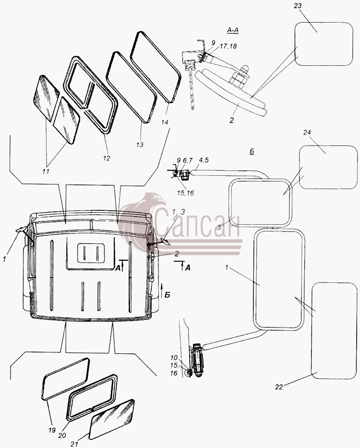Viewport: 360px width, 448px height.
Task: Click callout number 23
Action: pyautogui.click(x=298, y=6)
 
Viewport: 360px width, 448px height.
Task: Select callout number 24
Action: pyautogui.click(x=307, y=132)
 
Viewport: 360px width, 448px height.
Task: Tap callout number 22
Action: pyautogui.click(x=279, y=387)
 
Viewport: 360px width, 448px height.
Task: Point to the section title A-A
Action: pyautogui.click(x=233, y=30)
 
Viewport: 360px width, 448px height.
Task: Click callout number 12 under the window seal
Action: pyautogui.click(x=106, y=158)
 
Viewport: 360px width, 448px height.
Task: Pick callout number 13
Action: pyautogui.click(x=139, y=145)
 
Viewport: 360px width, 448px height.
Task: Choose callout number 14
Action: pyautogui.click(x=165, y=122)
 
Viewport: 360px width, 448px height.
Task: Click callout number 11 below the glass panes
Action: pyautogui.click(x=46, y=171)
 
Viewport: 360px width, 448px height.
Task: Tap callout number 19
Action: pyautogui.click(x=52, y=430)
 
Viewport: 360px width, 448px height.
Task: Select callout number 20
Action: pyautogui.click(x=62, y=435)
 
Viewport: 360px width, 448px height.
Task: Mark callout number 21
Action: pyautogui.click(x=74, y=444)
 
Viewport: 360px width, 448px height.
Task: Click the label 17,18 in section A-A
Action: pyautogui.click(x=228, y=46)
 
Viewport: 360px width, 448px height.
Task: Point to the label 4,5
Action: pyautogui.click(x=203, y=160)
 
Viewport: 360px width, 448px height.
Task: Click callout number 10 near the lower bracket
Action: pyautogui.click(x=174, y=358)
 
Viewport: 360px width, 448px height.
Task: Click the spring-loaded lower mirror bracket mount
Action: pyautogui.click(x=199, y=360)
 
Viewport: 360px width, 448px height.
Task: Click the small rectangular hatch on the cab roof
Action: pyautogui.click(x=91, y=252)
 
